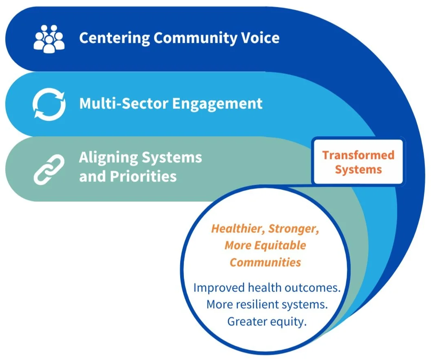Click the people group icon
pyautogui.click(x=49, y=38)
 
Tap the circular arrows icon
pyautogui.click(x=49, y=104)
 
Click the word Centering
pyautogui.click(x=114, y=38)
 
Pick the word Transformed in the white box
pyautogui.click(x=358, y=155)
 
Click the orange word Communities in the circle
pyautogui.click(x=265, y=262)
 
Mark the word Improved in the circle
pyautogui.click(x=215, y=288)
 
